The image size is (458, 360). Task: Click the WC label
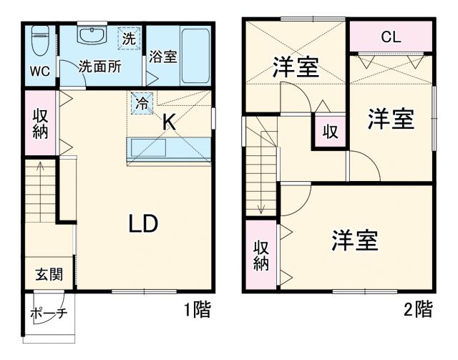tap(39, 71)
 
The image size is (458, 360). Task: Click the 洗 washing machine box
tap(128, 39)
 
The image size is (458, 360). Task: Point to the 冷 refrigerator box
tap(141, 102)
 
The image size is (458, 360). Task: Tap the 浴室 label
tap(163, 57)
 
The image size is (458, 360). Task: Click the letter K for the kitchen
tap(168, 122)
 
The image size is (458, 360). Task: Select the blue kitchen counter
tap(170, 150)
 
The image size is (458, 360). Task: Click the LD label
tap(143, 224)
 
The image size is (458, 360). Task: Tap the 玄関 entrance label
tap(49, 273)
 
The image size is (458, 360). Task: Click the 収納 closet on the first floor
tap(40, 122)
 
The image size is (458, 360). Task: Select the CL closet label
tap(390, 36)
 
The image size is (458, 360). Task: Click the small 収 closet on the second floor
tap(329, 132)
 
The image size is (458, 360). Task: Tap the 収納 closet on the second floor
tap(260, 254)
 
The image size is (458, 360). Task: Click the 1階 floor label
tap(198, 310)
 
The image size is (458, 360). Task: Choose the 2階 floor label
tap(418, 310)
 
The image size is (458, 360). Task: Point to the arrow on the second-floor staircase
tap(263, 207)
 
